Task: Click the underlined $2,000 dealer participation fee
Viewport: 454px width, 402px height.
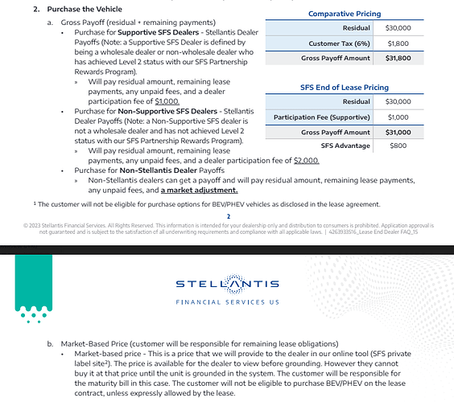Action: tap(306, 160)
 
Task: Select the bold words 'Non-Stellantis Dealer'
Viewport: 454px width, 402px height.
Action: tap(152, 170)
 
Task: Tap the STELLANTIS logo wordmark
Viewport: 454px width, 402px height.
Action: tap(226, 284)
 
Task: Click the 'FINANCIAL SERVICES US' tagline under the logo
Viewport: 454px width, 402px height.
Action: tap(226, 302)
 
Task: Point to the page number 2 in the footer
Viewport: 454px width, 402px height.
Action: tap(229, 215)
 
